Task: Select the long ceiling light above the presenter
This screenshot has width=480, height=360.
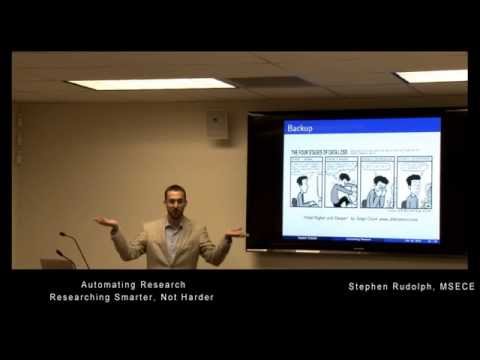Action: [151, 84]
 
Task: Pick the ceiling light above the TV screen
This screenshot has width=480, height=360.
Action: [431, 76]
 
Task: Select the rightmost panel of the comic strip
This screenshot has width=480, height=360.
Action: [414, 181]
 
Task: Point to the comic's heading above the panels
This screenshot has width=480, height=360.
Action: [317, 152]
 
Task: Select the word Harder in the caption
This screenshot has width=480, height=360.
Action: [195, 297]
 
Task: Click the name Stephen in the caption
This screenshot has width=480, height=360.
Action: [369, 286]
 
